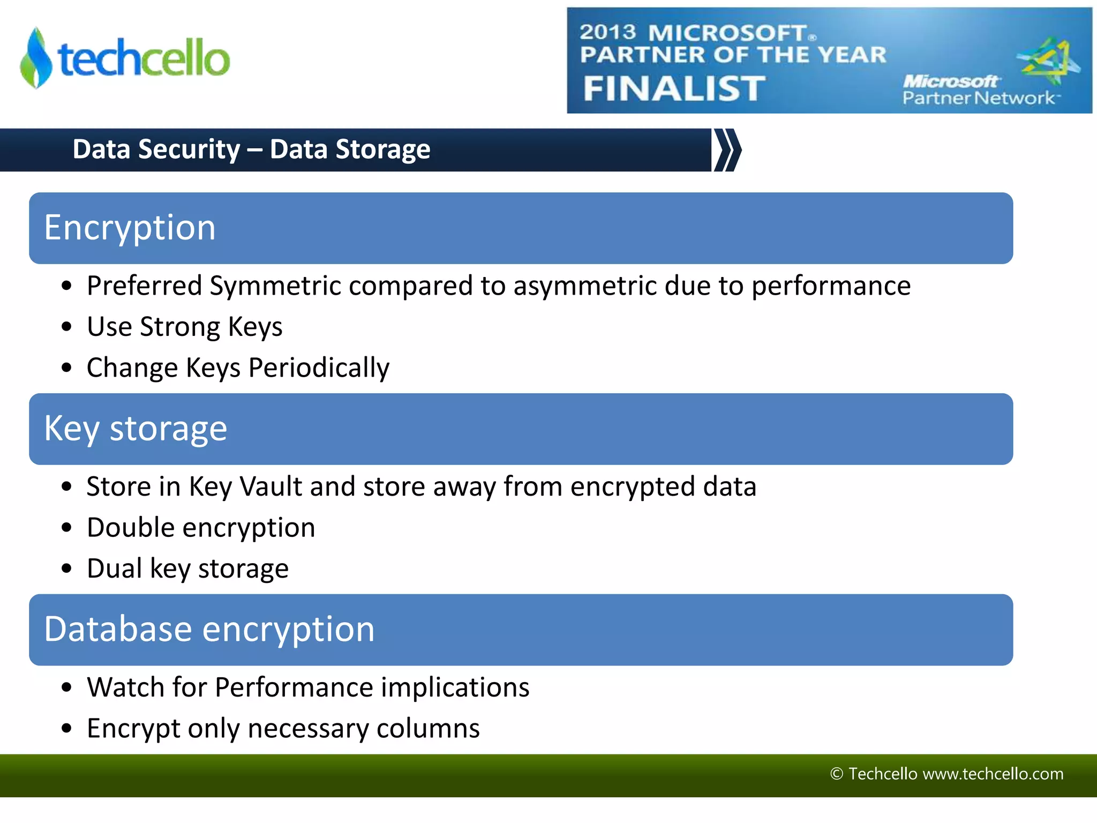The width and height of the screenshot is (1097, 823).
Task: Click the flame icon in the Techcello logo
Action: tap(36, 58)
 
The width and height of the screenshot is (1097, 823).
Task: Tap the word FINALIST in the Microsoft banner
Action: tap(674, 88)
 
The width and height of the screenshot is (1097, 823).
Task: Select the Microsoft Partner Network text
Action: tap(978, 90)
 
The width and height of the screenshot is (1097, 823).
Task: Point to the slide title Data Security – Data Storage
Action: tap(251, 149)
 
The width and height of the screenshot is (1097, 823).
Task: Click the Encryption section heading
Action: tap(130, 228)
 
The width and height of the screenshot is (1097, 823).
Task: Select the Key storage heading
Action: tap(136, 429)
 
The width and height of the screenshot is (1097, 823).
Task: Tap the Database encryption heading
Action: tap(209, 629)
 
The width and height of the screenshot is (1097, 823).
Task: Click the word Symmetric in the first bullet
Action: tap(275, 286)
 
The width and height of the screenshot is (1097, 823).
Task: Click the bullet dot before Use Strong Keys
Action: tap(66, 326)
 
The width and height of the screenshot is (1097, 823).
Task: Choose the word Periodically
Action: tap(319, 368)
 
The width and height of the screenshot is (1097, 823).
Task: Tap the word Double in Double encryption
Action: tap(131, 528)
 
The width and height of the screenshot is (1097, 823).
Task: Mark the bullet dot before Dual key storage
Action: tap(66, 568)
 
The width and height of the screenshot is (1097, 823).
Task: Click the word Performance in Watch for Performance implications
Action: tap(294, 687)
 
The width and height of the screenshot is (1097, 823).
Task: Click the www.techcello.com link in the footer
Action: tap(993, 774)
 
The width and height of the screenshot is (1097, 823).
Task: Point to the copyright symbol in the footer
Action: tap(836, 774)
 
